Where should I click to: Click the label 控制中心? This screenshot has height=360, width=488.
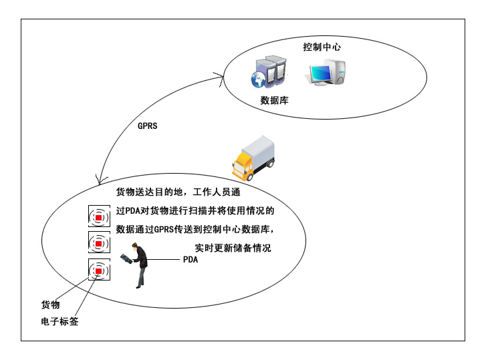coord(323,47)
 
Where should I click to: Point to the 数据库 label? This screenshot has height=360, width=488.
coord(274,101)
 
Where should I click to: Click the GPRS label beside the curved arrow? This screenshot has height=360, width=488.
coord(147,126)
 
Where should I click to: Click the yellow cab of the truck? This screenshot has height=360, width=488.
coord(242,164)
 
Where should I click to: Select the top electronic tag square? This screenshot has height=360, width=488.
coord(98,217)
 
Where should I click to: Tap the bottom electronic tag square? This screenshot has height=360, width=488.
coord(98,269)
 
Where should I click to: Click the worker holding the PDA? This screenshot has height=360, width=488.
coord(139,265)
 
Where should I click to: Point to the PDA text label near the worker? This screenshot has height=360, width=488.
coord(191,260)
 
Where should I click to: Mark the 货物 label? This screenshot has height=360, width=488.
coord(51,305)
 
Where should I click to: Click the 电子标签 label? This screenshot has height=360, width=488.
coord(59,321)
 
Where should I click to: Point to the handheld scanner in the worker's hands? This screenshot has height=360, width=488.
coord(127,256)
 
